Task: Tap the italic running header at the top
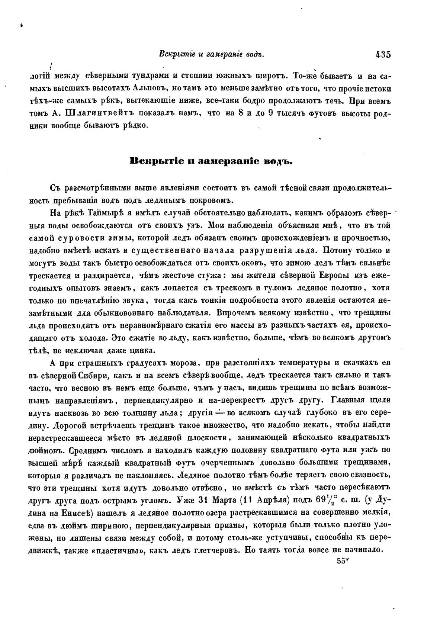click(211, 55)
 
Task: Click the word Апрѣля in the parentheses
click(270, 500)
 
